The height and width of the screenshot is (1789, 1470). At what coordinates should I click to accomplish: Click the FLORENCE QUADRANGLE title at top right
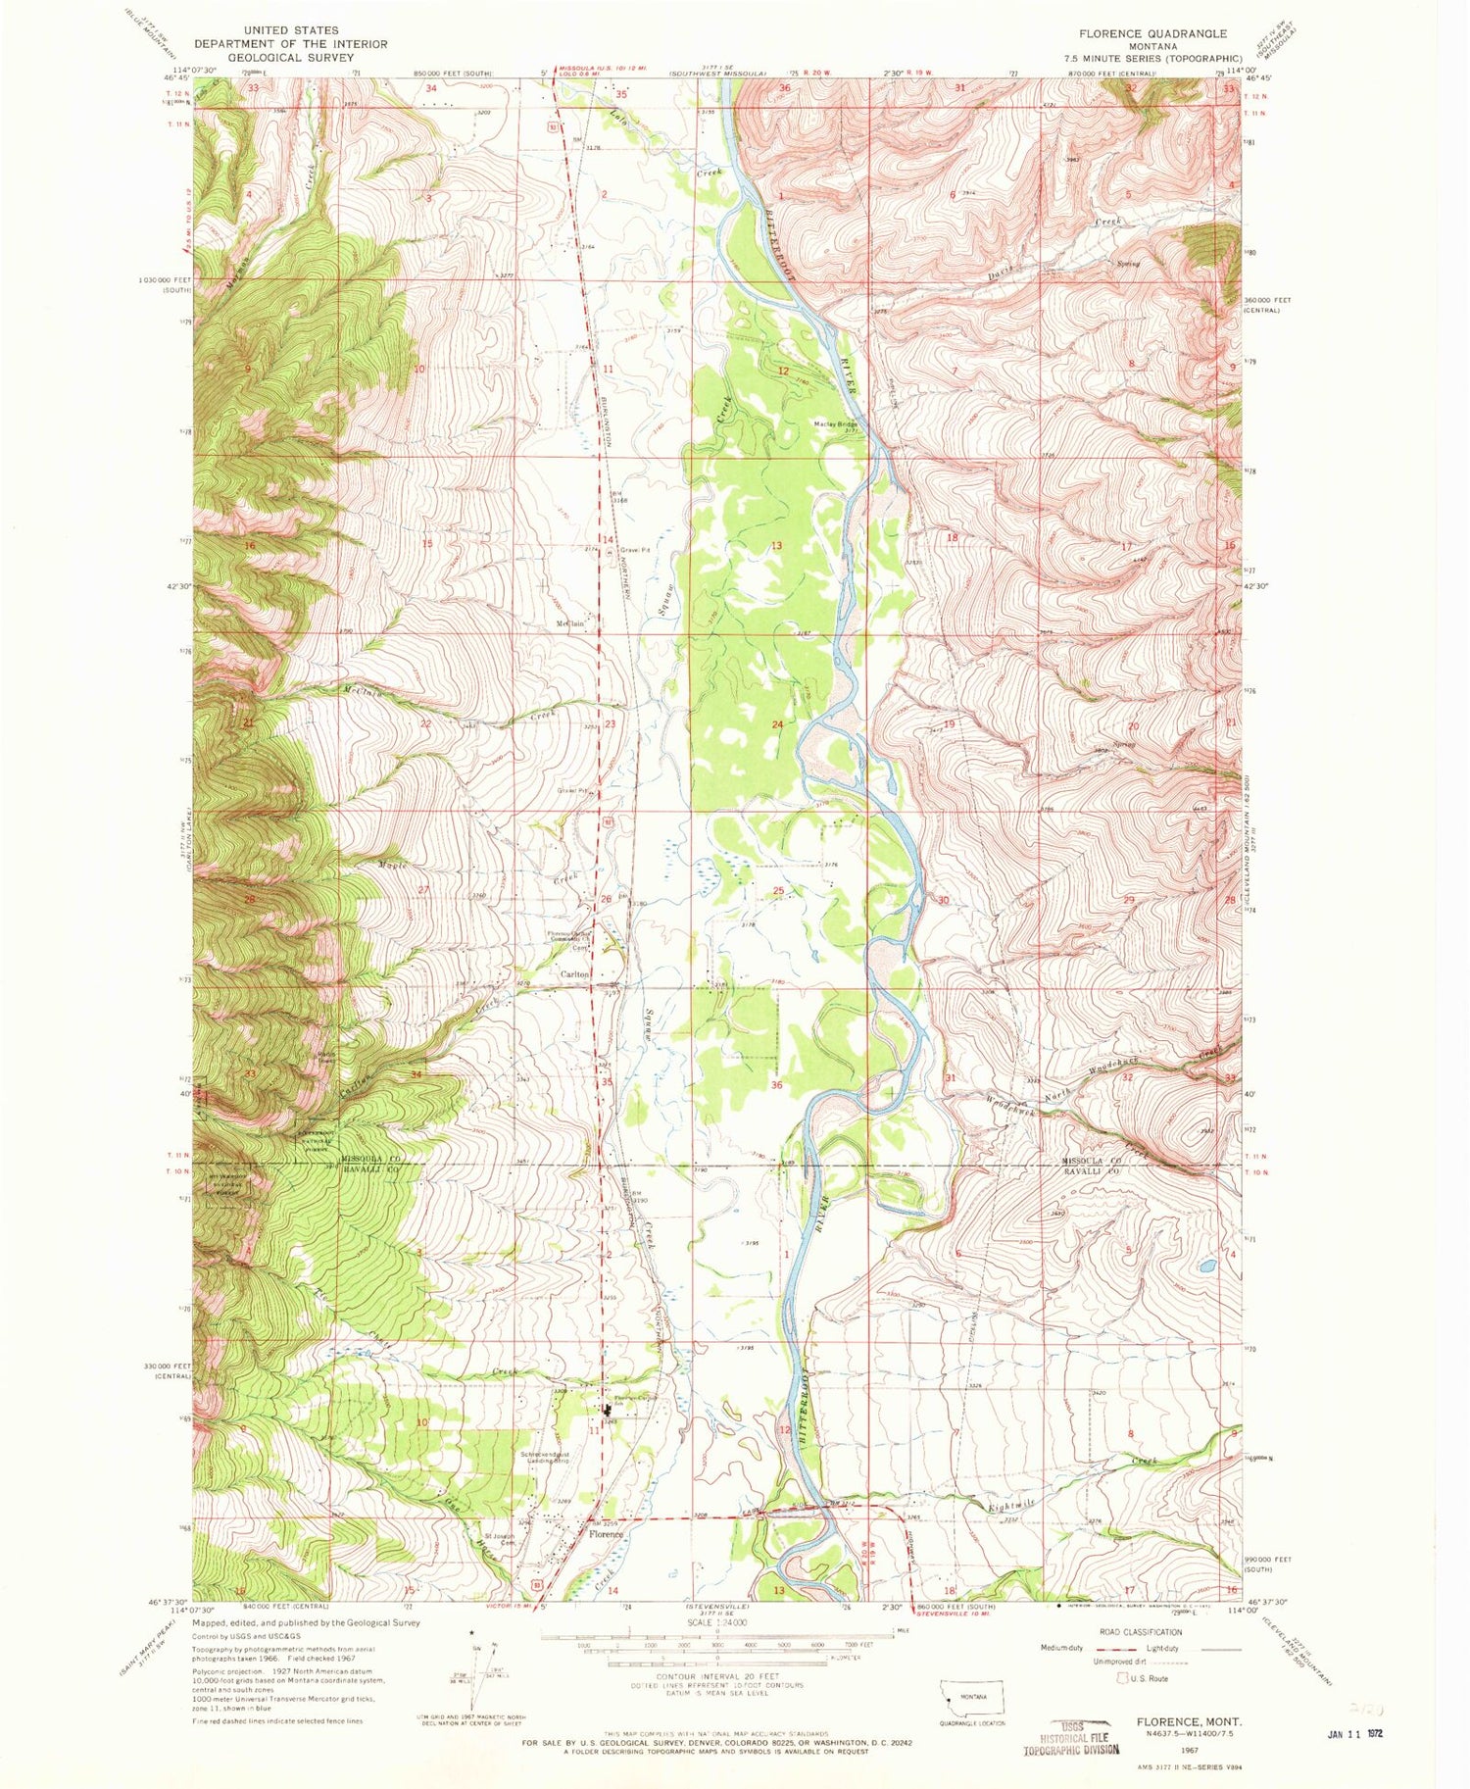point(1151,33)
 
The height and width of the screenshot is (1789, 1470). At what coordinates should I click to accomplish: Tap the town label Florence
point(605,1535)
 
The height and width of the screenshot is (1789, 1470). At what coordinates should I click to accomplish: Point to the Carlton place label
point(574,974)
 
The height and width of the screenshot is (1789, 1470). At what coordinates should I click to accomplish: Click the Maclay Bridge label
point(835,424)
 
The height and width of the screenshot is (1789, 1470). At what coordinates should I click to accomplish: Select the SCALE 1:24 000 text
point(718,1617)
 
